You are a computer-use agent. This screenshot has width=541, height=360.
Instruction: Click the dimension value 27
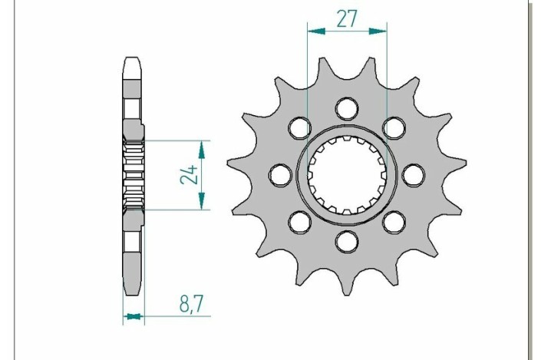347,18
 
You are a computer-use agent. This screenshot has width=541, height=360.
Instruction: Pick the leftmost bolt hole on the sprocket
277,175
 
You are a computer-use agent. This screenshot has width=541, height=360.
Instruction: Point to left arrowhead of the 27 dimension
312,32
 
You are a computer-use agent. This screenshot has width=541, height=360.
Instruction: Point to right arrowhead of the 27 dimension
382,32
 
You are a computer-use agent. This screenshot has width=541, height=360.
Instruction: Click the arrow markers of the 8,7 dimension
134,315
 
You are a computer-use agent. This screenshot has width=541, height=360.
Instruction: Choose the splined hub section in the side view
133,175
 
